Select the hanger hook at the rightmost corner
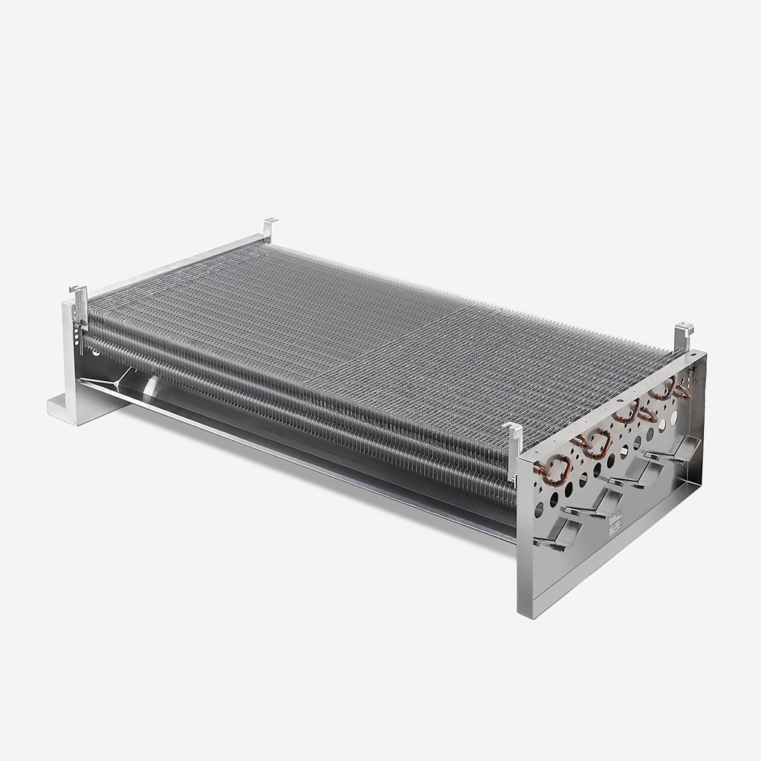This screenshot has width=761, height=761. click(684, 336)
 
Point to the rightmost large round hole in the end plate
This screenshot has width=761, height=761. click(675, 418)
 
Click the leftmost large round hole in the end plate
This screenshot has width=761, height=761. click(540, 510)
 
